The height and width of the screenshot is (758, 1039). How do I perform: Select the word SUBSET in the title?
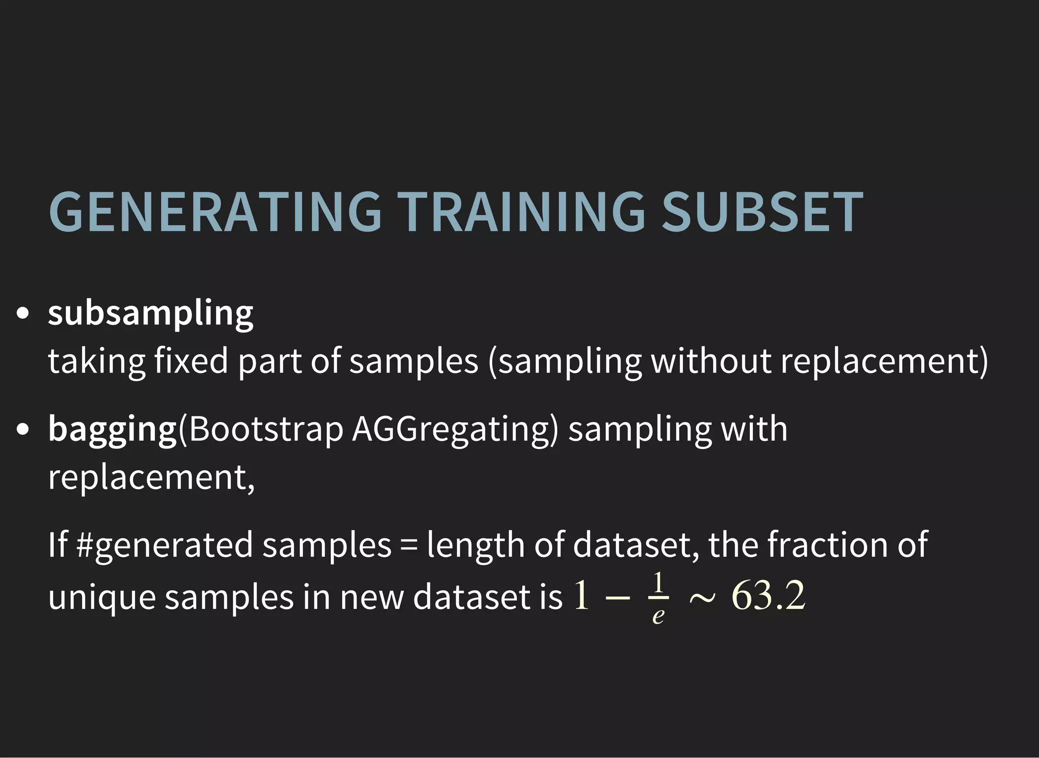click(762, 212)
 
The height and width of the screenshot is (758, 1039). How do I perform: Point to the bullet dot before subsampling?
click(22, 314)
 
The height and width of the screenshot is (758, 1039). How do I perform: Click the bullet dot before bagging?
click(22, 430)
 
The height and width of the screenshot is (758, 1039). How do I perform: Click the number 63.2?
click(768, 596)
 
